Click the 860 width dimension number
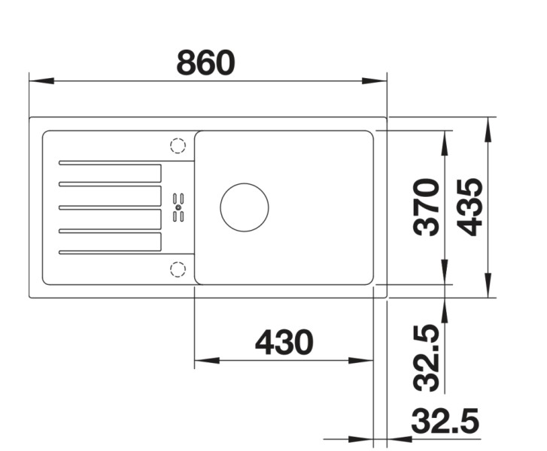click(x=205, y=63)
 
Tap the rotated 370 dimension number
click(x=427, y=207)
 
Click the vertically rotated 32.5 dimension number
click(x=427, y=357)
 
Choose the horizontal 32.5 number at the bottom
click(x=445, y=422)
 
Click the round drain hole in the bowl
click(x=244, y=207)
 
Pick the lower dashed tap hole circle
click(x=178, y=268)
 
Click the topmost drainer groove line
click(x=110, y=163)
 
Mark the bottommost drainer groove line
click(x=110, y=251)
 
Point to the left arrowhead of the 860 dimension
click(x=39, y=80)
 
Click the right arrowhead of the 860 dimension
click(x=375, y=80)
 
